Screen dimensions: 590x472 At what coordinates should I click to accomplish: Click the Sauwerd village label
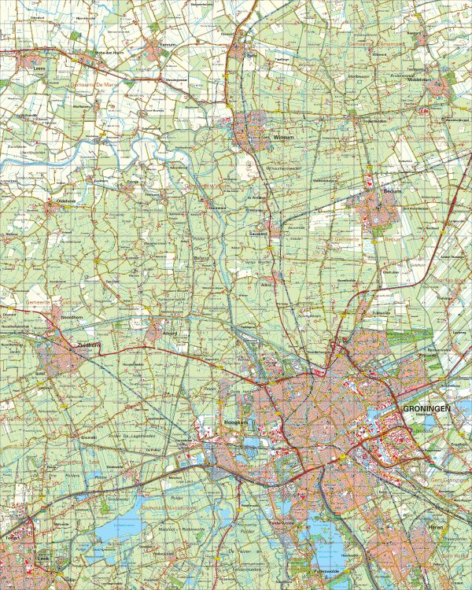click(259, 234)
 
